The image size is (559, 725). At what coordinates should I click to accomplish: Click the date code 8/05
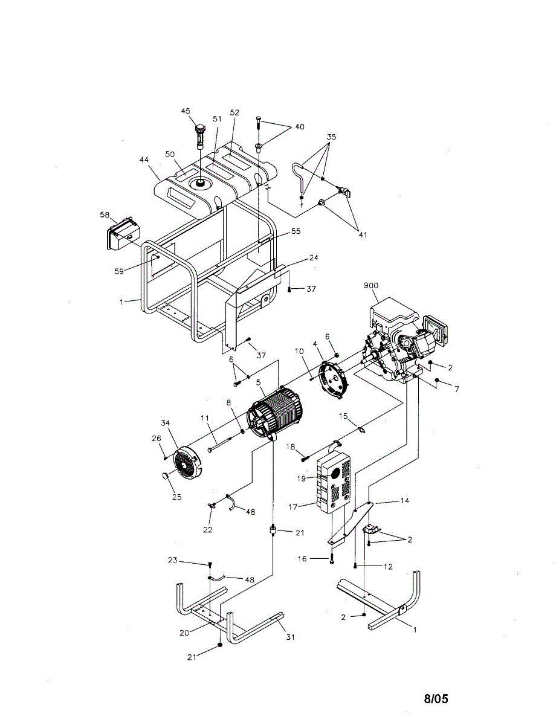coord(436,699)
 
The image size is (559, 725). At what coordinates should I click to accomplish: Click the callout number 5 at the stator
coord(258,382)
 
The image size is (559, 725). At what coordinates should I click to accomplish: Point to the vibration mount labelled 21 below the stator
coord(273,531)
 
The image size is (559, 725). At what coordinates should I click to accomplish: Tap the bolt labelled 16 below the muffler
coord(332,558)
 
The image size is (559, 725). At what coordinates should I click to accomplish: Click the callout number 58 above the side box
coord(105,214)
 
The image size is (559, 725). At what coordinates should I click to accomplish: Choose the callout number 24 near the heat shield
coord(313,257)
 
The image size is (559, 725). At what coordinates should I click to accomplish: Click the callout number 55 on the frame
coord(296,231)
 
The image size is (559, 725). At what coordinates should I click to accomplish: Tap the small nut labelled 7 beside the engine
coord(438,381)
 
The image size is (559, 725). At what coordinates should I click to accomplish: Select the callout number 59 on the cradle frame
coord(118,271)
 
